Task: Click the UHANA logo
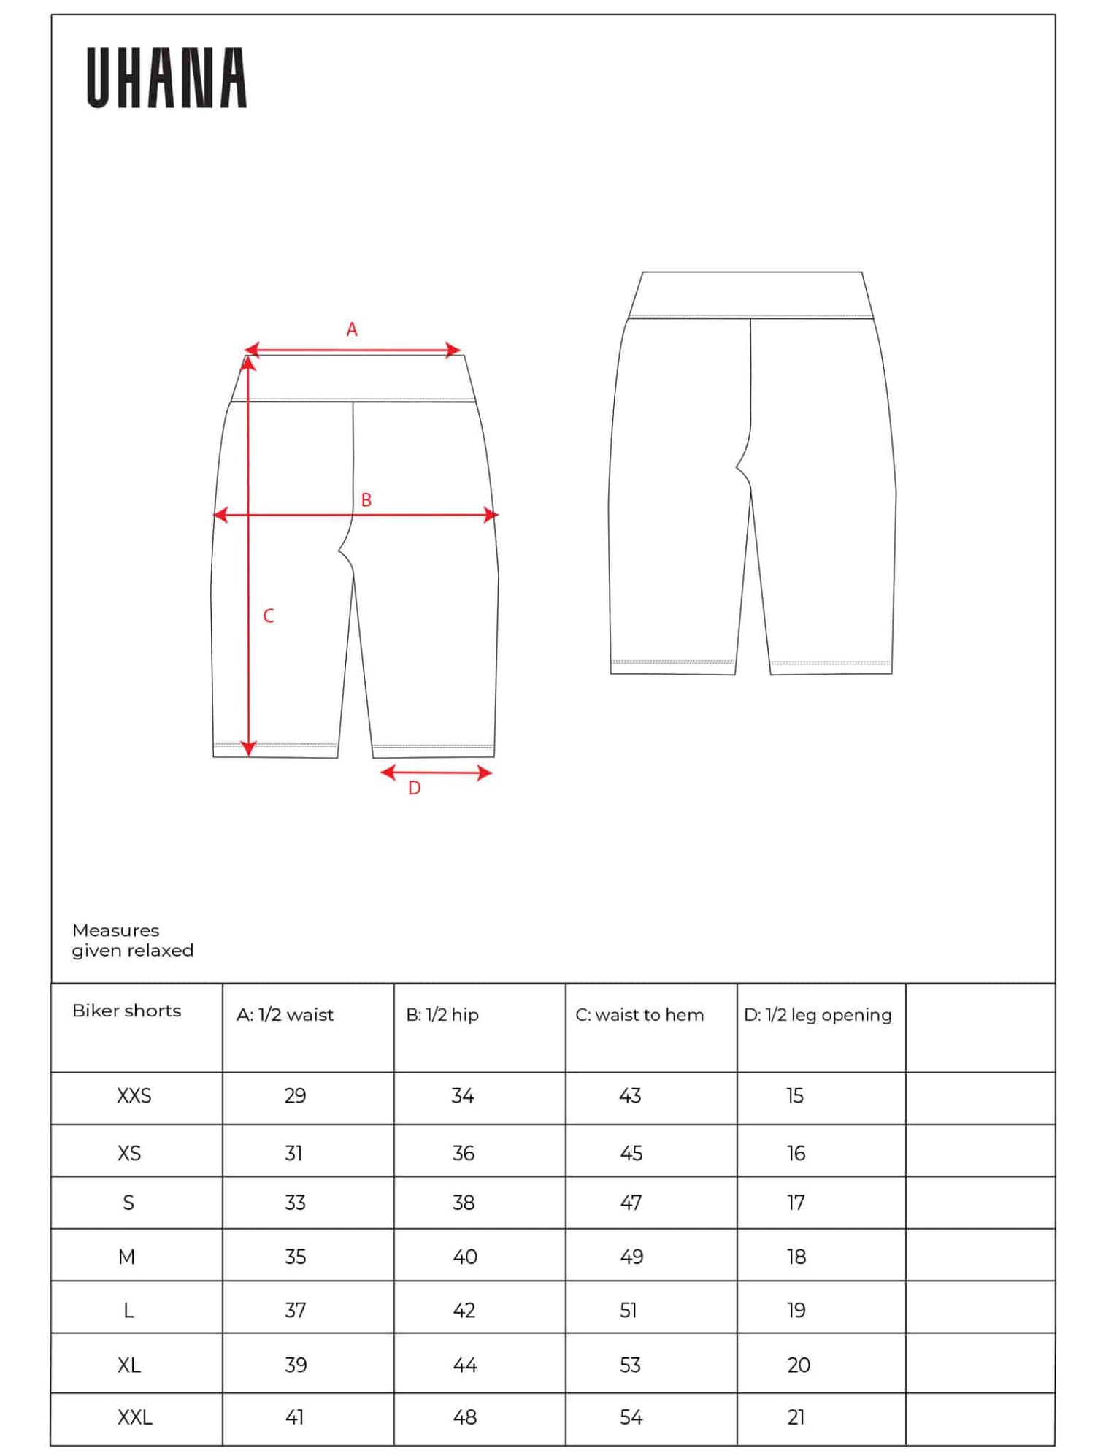166,78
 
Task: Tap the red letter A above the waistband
352,329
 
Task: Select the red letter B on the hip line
366,500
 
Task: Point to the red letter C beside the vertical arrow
269,616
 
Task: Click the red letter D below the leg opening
414,788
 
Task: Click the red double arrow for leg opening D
437,772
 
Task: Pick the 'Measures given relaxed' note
132,940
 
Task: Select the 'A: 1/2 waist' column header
285,1014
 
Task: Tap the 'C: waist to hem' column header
639,1014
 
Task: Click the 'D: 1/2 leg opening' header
818,1014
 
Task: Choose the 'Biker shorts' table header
126,1011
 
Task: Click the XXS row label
134,1095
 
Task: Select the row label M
126,1257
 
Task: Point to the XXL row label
135,1417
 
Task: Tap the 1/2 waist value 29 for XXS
295,1095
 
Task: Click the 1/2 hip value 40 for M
465,1257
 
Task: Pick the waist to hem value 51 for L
629,1310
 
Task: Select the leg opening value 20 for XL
799,1365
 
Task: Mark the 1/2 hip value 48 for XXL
465,1417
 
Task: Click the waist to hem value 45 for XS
631,1153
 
